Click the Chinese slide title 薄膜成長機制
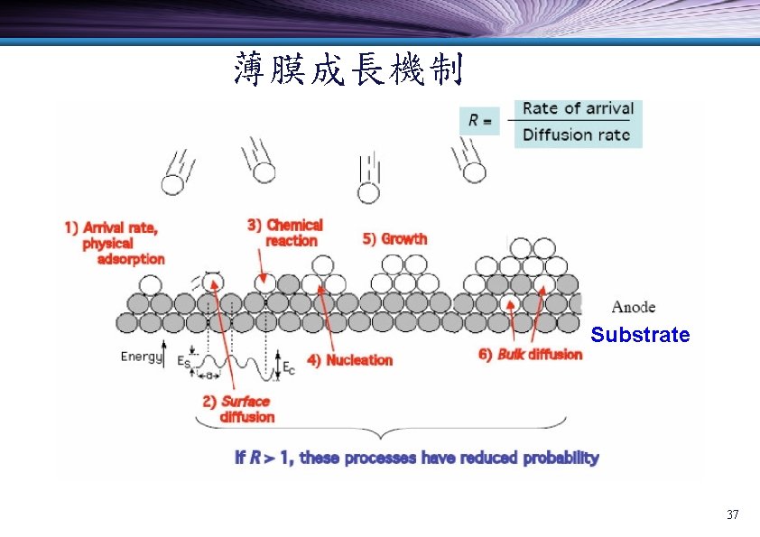tap(348, 69)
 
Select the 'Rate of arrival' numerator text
tap(578, 108)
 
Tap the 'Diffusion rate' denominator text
tap(578, 135)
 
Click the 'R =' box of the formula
tap(479, 119)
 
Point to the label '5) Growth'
tap(394, 239)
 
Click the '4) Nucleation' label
tap(350, 360)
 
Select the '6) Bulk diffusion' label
tap(530, 355)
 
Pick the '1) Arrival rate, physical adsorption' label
tap(115, 243)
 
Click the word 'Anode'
tap(634, 307)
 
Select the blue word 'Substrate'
tap(640, 336)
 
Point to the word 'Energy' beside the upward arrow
tap(141, 356)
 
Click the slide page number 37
tap(732, 515)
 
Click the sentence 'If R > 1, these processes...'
tap(416, 458)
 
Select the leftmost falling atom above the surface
tap(171, 184)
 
